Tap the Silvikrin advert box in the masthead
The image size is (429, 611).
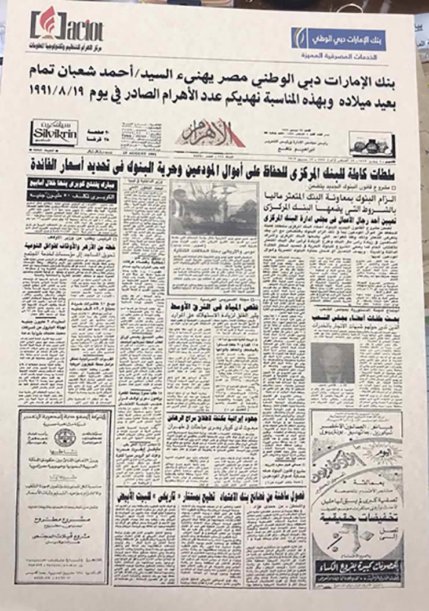[x=55, y=132]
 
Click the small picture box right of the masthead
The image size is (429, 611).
[x=371, y=143]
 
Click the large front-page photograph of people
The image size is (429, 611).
[x=214, y=209]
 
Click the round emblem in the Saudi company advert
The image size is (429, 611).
[x=64, y=438]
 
